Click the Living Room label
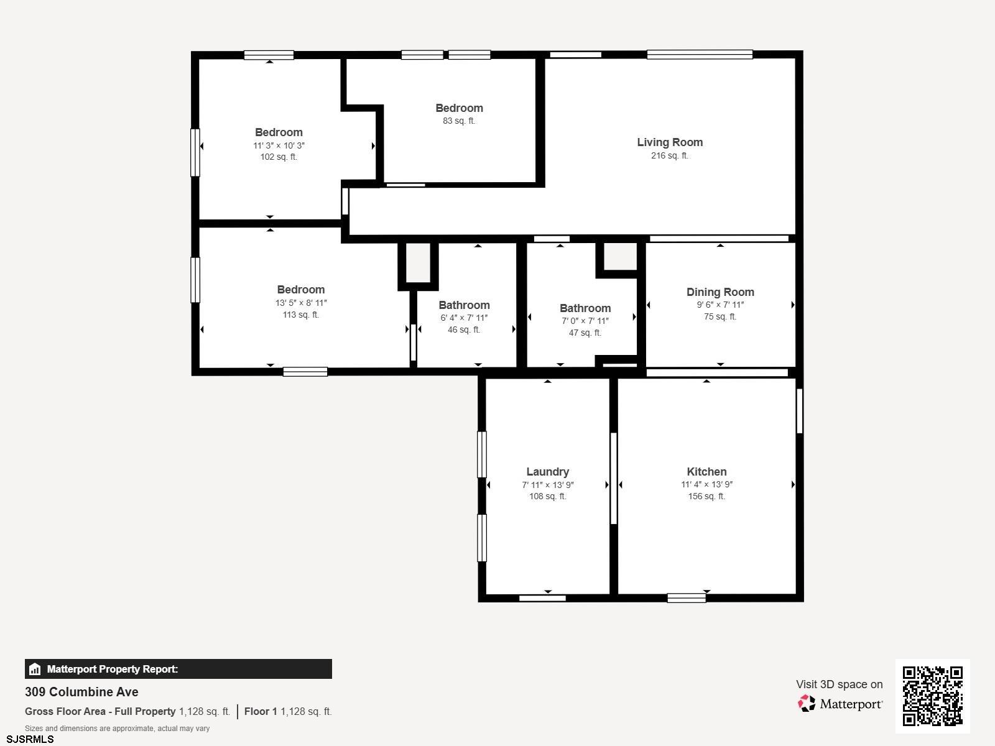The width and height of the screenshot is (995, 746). (670, 142)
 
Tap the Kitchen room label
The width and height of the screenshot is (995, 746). (706, 471)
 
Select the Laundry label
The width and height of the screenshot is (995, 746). (548, 472)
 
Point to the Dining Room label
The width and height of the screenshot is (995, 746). (720, 292)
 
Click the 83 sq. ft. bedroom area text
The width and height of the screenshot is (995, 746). (459, 121)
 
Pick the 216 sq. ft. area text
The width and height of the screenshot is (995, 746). (670, 156)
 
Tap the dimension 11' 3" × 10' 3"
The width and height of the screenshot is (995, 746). (279, 145)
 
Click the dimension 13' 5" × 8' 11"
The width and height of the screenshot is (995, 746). (301, 303)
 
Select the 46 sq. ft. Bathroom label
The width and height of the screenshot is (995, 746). (464, 305)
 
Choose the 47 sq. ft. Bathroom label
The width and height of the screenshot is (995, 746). (585, 308)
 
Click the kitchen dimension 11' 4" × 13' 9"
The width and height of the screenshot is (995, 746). (706, 484)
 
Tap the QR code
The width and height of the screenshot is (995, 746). (932, 696)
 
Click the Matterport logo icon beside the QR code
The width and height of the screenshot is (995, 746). (807, 704)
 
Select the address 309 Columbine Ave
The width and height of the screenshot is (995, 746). (81, 692)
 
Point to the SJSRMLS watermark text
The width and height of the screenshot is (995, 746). (30, 739)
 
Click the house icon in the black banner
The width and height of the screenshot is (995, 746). (35, 669)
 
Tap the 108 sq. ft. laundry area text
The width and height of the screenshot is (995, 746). (548, 497)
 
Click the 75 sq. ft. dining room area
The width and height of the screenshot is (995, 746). (720, 316)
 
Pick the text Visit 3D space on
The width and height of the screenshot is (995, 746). (839, 684)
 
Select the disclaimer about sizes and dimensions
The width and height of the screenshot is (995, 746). (117, 729)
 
